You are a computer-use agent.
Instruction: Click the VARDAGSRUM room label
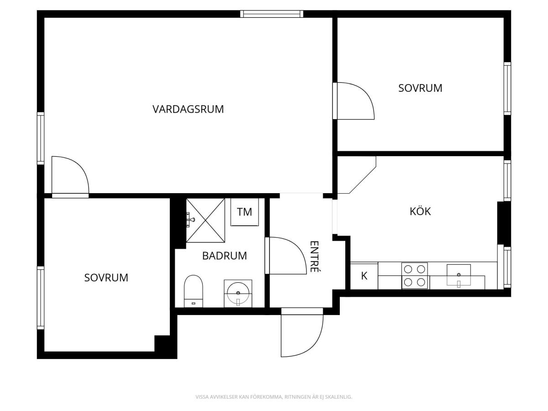point(188,109)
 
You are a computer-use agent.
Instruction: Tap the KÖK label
point(420,211)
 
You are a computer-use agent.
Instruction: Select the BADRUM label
point(224,256)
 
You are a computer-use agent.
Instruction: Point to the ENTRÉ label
point(314,256)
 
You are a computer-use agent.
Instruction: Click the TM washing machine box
point(244,212)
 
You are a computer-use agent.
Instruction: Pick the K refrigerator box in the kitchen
point(364,276)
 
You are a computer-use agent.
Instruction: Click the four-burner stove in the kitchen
point(415,276)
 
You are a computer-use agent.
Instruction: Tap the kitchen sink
point(458,275)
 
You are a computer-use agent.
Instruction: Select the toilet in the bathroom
point(194,291)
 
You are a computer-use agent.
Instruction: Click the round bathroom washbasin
point(238,293)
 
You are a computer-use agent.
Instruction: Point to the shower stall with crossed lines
point(205,221)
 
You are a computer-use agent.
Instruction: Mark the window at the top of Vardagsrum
point(272,14)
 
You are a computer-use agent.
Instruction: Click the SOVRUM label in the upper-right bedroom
point(420,88)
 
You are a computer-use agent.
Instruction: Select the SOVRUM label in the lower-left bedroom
point(106,278)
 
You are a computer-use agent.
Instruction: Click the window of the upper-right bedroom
point(507,89)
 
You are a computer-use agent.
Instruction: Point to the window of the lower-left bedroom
point(41,298)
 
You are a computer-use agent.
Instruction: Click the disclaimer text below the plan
point(274,396)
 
